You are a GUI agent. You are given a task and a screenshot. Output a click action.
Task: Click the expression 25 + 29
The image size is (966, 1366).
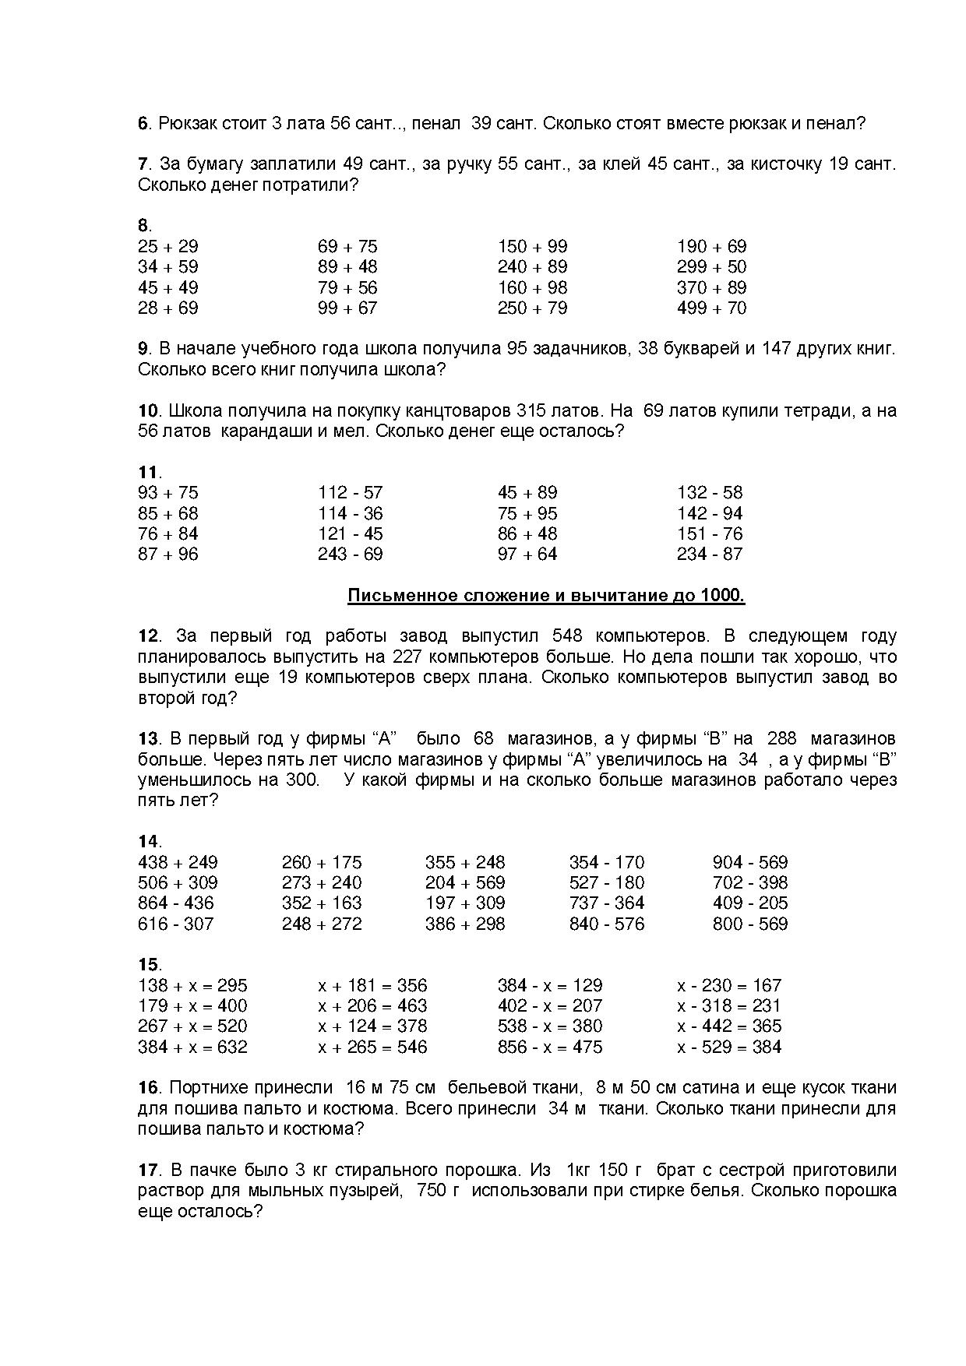coord(167,247)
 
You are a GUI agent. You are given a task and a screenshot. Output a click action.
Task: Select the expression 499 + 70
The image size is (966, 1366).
coord(711,308)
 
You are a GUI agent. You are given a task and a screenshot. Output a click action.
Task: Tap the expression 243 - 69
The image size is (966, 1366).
coord(350,554)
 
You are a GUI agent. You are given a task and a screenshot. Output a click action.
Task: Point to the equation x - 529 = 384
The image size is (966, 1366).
coord(729,1047)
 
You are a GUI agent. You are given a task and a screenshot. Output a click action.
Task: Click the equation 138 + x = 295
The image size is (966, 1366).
coord(192,986)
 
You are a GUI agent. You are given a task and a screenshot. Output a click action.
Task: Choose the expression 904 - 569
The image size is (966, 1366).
coord(749,863)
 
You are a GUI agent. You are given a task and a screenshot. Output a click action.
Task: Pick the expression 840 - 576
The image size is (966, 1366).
coord(606,924)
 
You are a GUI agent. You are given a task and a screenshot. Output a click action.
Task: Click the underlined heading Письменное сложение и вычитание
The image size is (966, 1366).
coord(545,597)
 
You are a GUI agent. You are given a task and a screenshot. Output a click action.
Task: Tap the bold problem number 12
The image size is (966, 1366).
coord(148,636)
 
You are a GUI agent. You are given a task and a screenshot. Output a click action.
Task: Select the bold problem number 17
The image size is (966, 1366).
coord(148,1170)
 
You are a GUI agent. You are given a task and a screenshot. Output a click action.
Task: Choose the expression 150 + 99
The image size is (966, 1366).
coord(532,247)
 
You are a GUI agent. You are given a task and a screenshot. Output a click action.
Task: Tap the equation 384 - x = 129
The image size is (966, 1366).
coord(550,986)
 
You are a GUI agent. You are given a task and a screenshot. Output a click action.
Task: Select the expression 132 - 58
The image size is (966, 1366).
coord(710,493)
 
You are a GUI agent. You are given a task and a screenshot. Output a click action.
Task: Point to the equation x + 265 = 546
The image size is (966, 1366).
coord(372,1047)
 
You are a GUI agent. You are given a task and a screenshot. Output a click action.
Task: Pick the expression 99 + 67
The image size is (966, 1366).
coord(347,308)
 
